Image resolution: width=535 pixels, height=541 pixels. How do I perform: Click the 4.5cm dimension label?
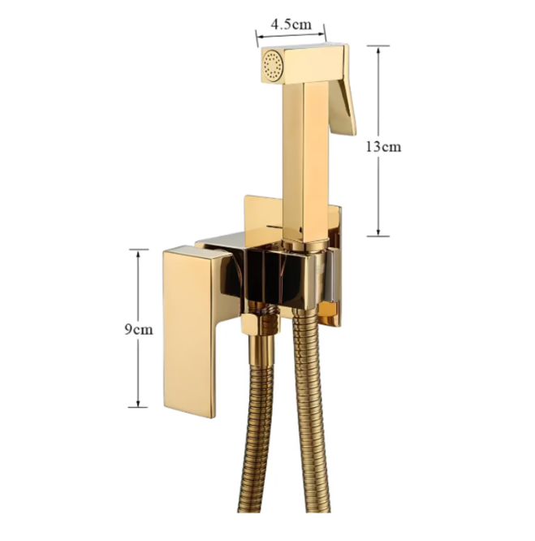tap(291, 24)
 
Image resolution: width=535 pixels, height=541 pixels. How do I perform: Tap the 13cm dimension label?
tap(383, 147)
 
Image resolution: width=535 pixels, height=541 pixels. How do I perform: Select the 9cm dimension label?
tap(139, 330)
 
